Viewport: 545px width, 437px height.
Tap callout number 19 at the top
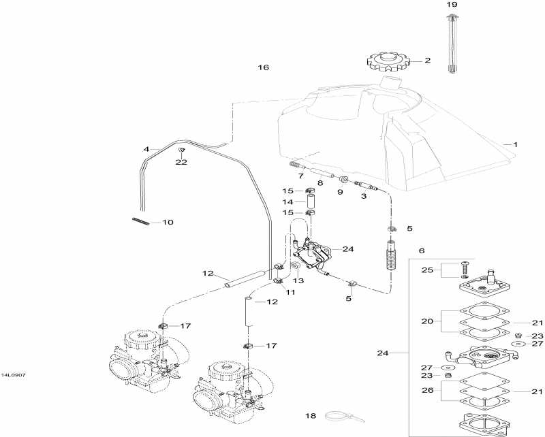click(x=452, y=5)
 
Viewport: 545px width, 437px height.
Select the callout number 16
click(x=264, y=67)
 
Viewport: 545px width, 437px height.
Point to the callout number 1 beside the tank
click(x=515, y=144)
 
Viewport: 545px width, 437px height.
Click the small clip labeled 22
click(x=181, y=150)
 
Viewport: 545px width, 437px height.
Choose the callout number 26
click(x=427, y=391)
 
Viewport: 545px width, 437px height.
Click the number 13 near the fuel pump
click(x=298, y=280)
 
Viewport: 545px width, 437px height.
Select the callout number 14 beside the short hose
click(x=287, y=202)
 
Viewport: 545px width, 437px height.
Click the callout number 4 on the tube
click(x=146, y=148)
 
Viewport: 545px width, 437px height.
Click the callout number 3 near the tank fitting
click(x=363, y=196)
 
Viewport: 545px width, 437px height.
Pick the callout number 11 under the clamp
click(x=290, y=292)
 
